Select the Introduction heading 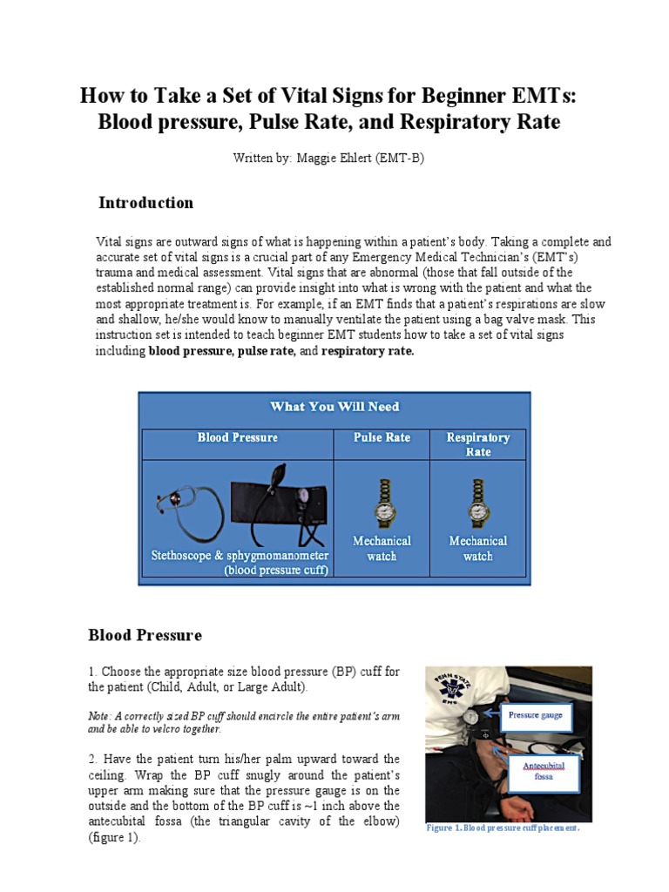pyautogui.click(x=145, y=203)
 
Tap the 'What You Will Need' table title pyautogui.click(x=334, y=407)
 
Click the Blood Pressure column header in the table pyautogui.click(x=237, y=437)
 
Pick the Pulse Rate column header pyautogui.click(x=382, y=437)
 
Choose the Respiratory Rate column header pyautogui.click(x=477, y=444)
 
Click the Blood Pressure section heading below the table pyautogui.click(x=145, y=635)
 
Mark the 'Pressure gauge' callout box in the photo pyautogui.click(x=535, y=716)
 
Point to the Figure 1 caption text pyautogui.click(x=503, y=828)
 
